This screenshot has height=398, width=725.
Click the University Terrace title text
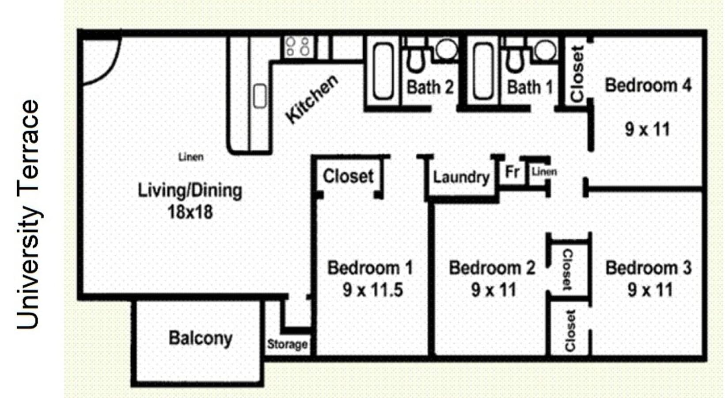[28, 214]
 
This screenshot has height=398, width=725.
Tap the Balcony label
[200, 338]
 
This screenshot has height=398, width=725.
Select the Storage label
[287, 344]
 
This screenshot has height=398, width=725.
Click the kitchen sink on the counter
[260, 96]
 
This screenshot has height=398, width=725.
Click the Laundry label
[461, 177]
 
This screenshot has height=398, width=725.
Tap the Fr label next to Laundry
[512, 172]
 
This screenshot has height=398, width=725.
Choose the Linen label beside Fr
[544, 172]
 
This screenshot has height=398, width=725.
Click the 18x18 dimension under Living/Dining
[190, 212]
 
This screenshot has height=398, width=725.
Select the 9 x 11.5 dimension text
[372, 290]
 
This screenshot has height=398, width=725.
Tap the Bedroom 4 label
[648, 85]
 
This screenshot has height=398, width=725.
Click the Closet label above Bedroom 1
[348, 176]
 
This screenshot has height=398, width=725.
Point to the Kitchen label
[311, 99]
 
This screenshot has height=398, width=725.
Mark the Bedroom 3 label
[648, 268]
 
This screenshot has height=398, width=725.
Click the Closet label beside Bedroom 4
[577, 74]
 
